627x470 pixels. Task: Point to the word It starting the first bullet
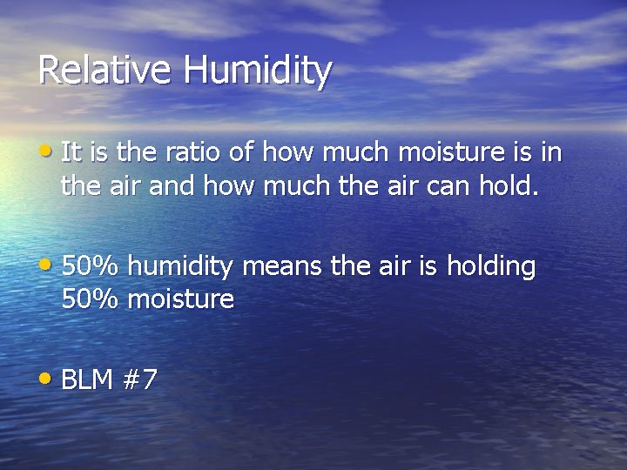[71, 153]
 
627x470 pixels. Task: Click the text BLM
[87, 379]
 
